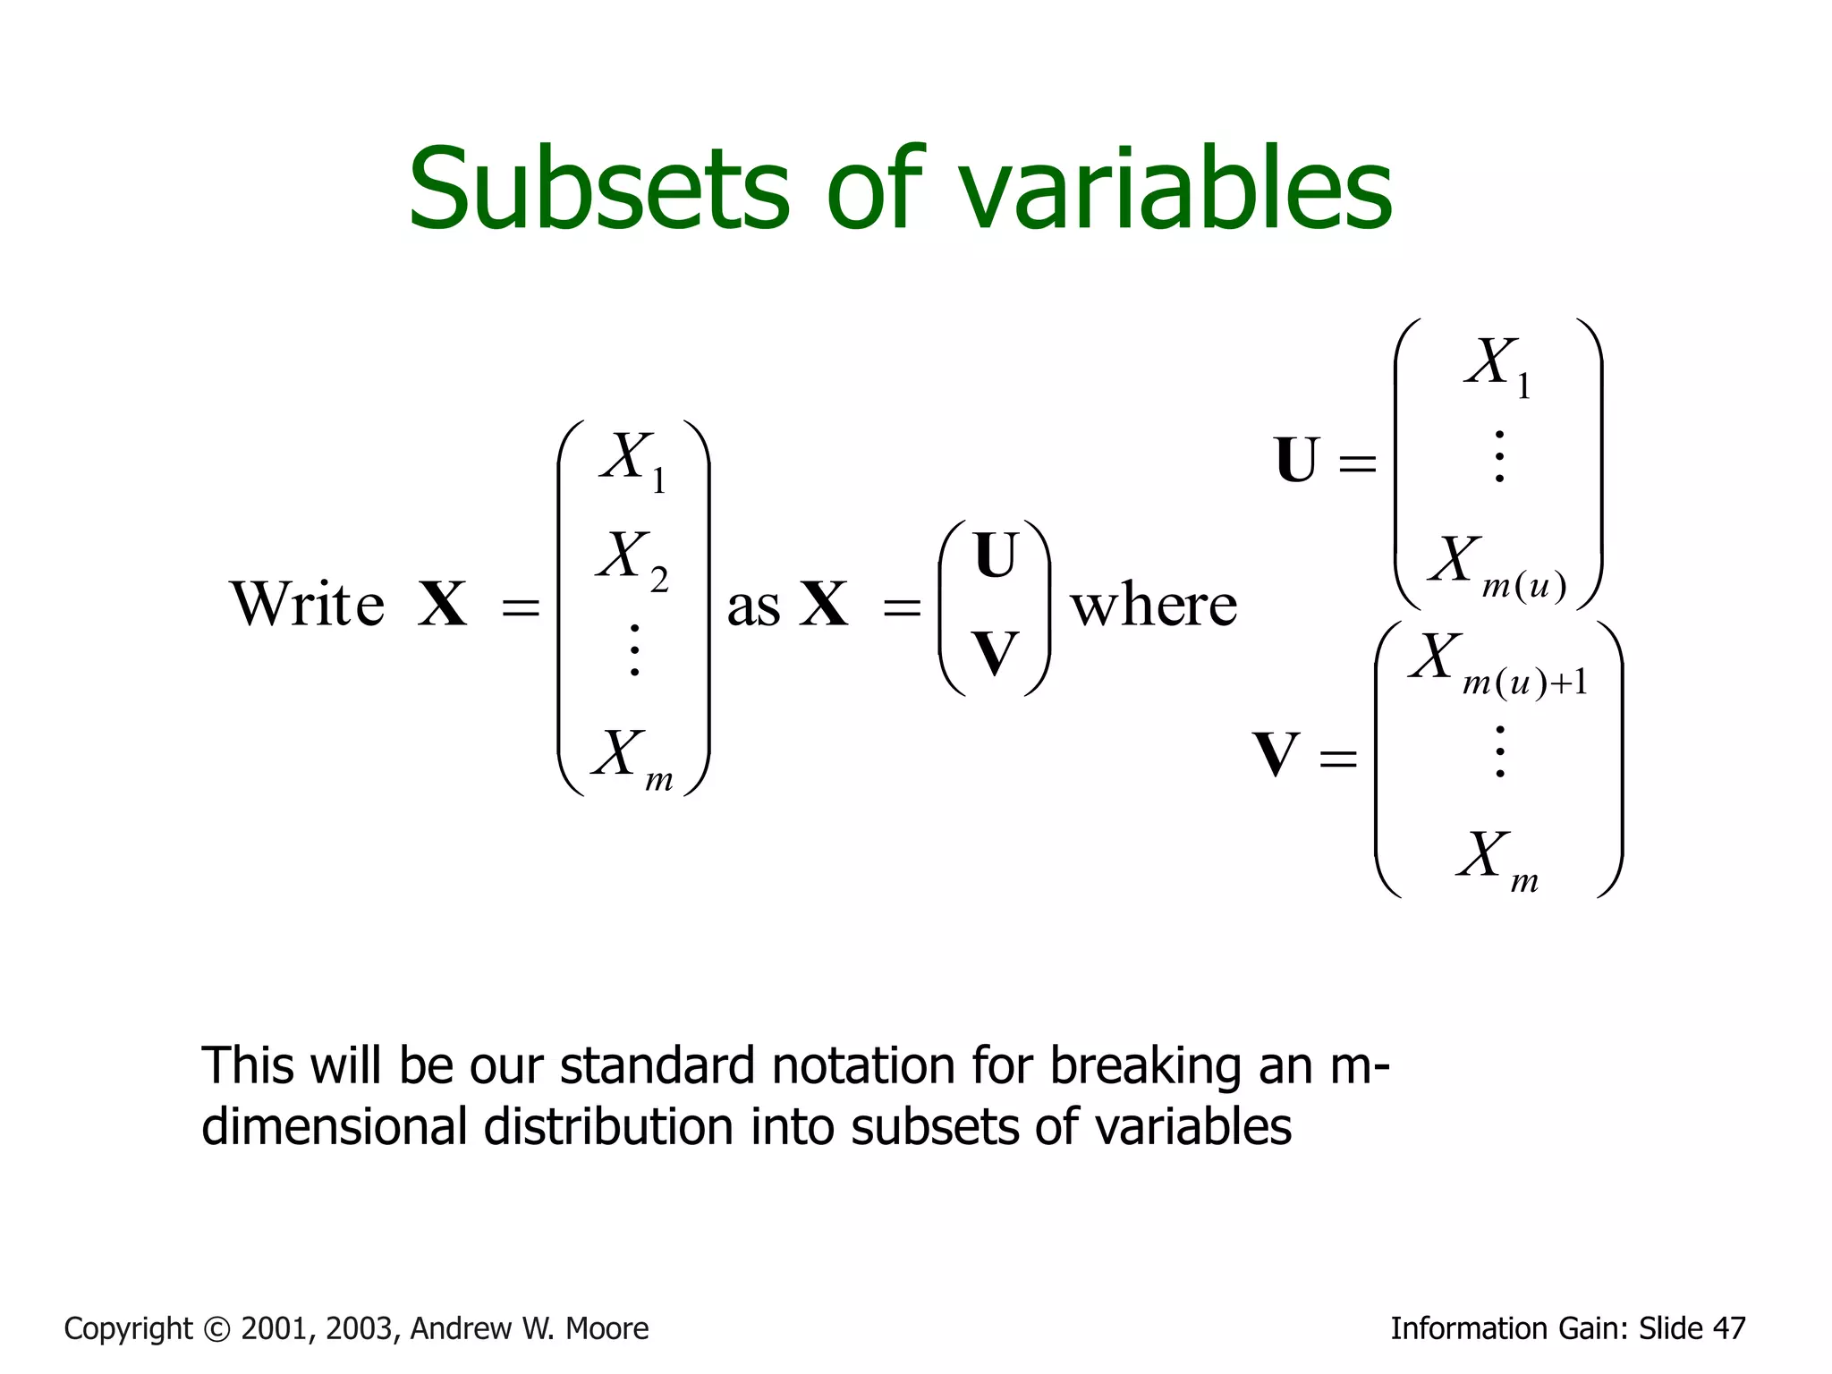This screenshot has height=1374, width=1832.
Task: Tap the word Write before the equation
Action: (x=308, y=605)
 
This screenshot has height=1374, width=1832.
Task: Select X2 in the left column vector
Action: (x=632, y=560)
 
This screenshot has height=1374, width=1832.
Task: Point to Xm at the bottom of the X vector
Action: (x=632, y=759)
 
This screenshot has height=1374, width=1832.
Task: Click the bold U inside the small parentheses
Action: (x=995, y=556)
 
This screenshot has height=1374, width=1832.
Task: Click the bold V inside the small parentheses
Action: (x=995, y=653)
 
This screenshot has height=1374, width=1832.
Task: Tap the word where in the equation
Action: (x=1154, y=606)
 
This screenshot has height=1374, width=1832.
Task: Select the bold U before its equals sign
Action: (x=1296, y=461)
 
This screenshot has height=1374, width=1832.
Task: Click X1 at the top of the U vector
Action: (x=1497, y=366)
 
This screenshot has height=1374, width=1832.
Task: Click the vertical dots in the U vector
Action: (x=1499, y=456)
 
